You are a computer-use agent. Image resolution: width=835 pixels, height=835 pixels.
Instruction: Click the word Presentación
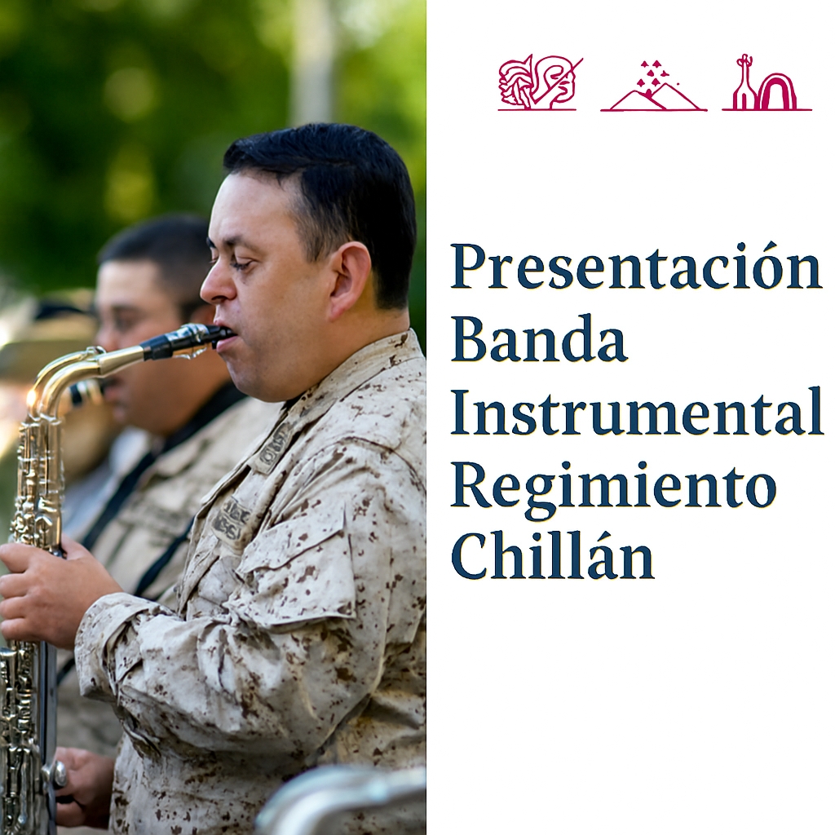coord(636,267)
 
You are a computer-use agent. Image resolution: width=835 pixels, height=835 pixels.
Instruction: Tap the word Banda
coord(540,338)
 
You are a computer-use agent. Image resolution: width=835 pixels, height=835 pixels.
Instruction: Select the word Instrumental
coord(636,411)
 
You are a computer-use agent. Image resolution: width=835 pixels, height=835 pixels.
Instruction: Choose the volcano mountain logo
coord(653,86)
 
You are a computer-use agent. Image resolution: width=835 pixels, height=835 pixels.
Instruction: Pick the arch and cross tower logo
coord(767,83)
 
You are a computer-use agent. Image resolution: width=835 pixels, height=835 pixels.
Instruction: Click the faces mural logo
coord(540,82)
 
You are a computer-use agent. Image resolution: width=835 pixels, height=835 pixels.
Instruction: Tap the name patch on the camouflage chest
coord(232,519)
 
